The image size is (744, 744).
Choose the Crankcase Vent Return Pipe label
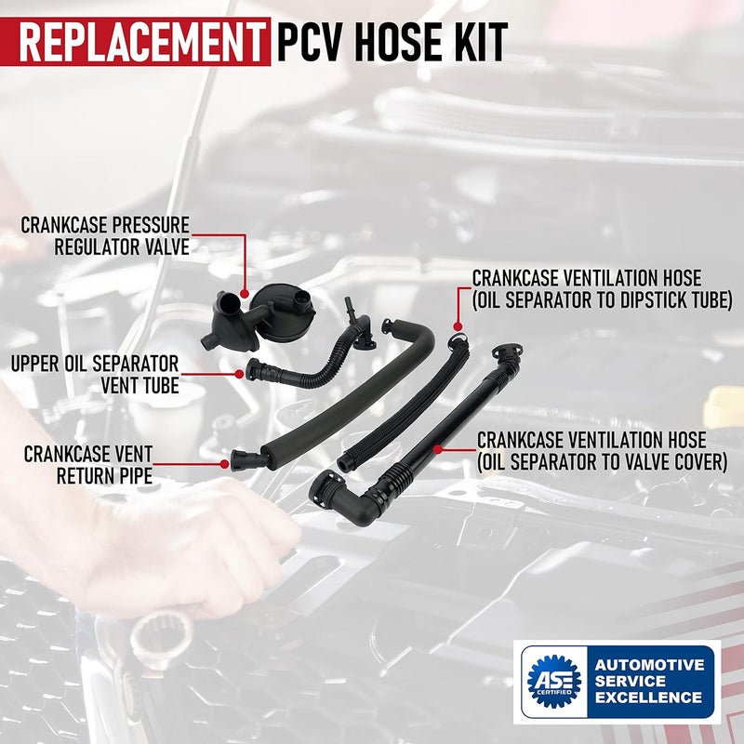(x=88, y=463)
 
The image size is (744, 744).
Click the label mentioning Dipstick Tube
(x=601, y=288)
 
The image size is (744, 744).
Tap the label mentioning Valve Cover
(x=601, y=449)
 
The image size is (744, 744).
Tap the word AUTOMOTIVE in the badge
(x=650, y=665)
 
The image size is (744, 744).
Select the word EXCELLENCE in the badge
(x=650, y=697)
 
